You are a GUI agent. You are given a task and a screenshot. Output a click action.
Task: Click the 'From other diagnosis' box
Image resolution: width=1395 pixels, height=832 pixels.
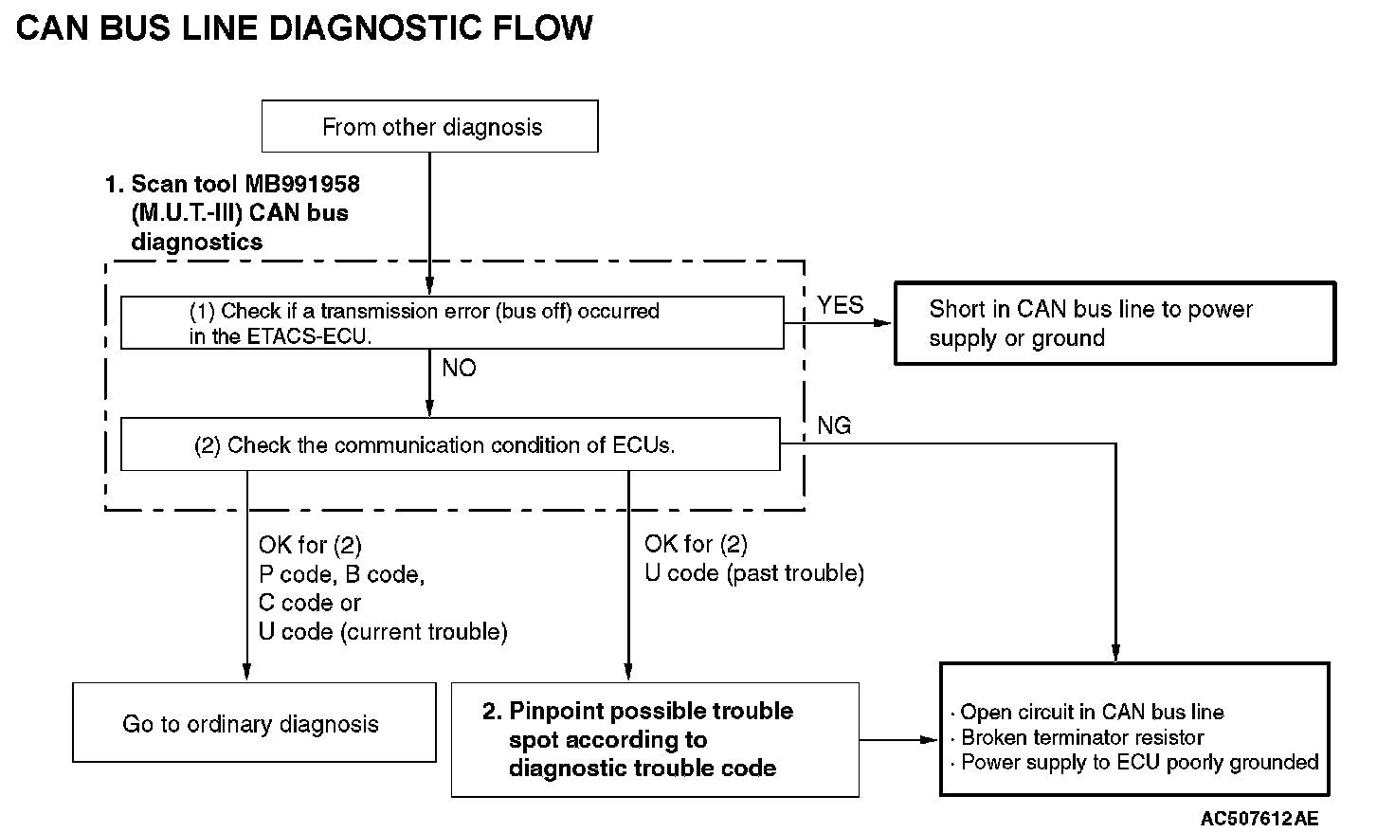pyautogui.click(x=429, y=126)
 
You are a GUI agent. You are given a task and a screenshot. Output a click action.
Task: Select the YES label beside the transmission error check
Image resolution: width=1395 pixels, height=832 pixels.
pyautogui.click(x=840, y=305)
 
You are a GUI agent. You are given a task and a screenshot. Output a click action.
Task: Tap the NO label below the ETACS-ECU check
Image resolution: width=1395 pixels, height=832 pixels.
pyautogui.click(x=459, y=368)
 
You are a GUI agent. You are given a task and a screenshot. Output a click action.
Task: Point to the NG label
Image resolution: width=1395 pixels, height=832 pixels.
pyautogui.click(x=834, y=425)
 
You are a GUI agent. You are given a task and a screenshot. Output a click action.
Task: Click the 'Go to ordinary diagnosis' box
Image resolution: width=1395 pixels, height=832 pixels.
pyautogui.click(x=254, y=722)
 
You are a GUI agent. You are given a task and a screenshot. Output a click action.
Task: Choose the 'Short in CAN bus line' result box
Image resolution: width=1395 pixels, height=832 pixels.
pyautogui.click(x=1114, y=323)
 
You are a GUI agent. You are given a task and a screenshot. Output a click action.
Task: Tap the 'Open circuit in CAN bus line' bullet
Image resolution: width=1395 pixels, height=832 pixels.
pyautogui.click(x=1087, y=712)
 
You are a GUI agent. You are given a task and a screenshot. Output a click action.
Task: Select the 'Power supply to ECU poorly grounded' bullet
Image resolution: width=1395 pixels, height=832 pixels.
pyautogui.click(x=1134, y=762)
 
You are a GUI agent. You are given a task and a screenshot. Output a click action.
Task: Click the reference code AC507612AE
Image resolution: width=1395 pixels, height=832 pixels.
pyautogui.click(x=1259, y=819)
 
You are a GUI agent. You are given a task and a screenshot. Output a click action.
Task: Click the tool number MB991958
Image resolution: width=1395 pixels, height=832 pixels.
pyautogui.click(x=302, y=185)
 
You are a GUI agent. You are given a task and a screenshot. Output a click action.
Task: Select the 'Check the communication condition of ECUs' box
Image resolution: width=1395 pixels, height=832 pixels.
pyautogui.click(x=450, y=444)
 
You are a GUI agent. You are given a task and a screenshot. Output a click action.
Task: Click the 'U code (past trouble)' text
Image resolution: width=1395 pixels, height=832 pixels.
pyautogui.click(x=754, y=573)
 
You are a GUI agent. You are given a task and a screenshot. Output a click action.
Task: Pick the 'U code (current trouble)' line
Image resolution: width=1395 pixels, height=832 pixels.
pyautogui.click(x=383, y=631)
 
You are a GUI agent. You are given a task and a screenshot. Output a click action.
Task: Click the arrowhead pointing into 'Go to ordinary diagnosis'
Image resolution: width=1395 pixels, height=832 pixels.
pyautogui.click(x=246, y=672)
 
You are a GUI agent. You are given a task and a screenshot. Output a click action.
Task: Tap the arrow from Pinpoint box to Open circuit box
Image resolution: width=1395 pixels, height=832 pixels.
pyautogui.click(x=898, y=740)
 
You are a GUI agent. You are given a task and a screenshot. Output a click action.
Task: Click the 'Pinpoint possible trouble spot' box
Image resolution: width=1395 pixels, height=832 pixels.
pyautogui.click(x=655, y=740)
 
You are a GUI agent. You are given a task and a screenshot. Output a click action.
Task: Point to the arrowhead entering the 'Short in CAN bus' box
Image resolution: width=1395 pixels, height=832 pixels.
pyautogui.click(x=883, y=323)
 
